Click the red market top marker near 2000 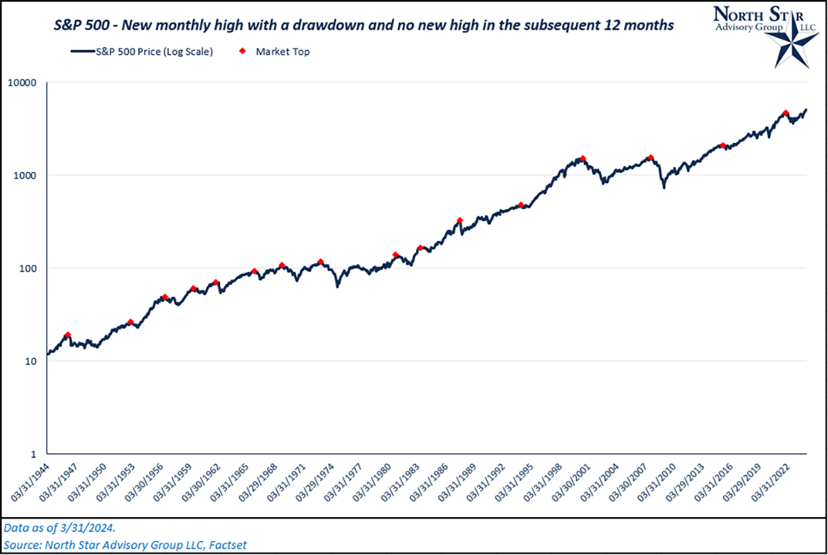[x=582, y=158]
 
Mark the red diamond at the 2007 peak [x=650, y=157]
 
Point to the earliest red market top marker [x=68, y=335]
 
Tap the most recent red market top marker [x=786, y=113]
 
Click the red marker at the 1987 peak [x=460, y=221]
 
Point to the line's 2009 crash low [x=664, y=187]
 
